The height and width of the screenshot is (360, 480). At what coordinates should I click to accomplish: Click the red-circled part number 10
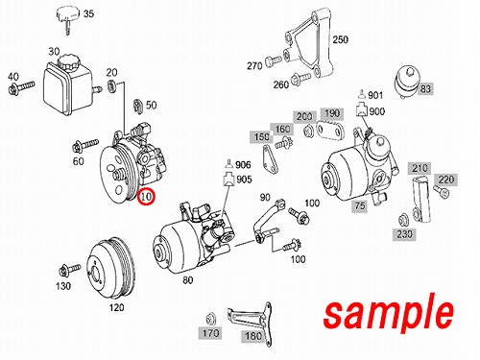point(146,196)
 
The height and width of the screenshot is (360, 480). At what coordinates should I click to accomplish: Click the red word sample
point(389,314)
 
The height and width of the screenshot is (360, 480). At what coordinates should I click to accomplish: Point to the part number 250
point(340,39)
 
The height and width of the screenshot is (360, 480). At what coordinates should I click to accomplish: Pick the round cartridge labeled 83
point(406,82)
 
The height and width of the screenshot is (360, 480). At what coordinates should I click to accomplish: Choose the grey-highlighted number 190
point(332,113)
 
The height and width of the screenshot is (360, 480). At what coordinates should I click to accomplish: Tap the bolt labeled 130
point(70,270)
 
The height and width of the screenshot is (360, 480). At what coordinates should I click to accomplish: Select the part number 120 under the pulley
point(116,307)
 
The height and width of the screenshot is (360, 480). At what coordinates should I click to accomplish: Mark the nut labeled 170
point(210,318)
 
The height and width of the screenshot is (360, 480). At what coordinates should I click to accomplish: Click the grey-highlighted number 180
point(253,336)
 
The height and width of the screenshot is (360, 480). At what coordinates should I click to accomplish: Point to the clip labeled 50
point(137,106)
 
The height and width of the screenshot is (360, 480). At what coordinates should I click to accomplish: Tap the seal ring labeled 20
point(111,86)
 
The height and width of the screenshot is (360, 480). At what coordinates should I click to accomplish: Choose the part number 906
point(243,165)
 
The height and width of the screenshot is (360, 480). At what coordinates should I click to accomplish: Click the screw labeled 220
point(442,191)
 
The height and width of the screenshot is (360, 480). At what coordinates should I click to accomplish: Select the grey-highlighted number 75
point(360,205)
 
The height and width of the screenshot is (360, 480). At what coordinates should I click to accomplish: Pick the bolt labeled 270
point(274,60)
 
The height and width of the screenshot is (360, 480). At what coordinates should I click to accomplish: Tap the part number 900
point(377,111)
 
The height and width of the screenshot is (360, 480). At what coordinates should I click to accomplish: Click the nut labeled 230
point(403,220)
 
